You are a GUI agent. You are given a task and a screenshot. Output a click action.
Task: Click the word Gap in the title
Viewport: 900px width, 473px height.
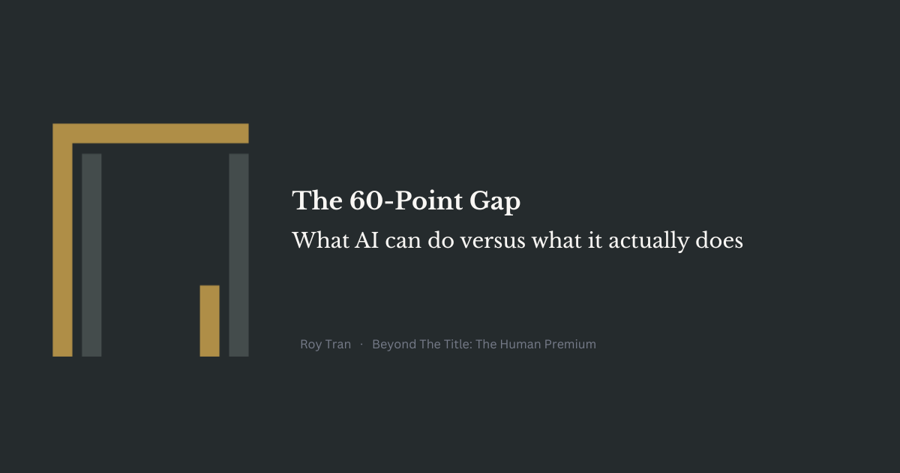(x=495, y=201)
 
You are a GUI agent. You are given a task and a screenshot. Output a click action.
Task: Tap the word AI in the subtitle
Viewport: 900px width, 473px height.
(x=367, y=240)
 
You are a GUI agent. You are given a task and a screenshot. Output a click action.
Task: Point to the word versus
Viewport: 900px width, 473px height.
(x=493, y=241)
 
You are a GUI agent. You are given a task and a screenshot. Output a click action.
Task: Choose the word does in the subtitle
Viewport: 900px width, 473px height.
(x=719, y=240)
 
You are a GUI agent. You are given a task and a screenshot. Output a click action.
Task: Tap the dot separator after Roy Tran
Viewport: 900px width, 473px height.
(x=361, y=345)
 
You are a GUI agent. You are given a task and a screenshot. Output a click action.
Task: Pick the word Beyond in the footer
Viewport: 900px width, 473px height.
(x=394, y=345)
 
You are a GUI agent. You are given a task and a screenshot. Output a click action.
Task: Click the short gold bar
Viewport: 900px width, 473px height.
(x=210, y=321)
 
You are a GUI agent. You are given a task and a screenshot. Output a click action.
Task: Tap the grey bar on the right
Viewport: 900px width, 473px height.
(x=238, y=255)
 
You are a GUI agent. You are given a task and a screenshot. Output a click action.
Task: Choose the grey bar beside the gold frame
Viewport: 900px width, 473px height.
(x=91, y=255)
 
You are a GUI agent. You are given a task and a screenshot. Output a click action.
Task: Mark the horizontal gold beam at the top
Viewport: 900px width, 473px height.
(x=151, y=133)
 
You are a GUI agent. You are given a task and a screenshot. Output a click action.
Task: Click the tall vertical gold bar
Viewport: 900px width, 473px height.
(x=62, y=249)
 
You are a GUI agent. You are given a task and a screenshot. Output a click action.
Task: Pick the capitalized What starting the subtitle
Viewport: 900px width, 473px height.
(x=320, y=240)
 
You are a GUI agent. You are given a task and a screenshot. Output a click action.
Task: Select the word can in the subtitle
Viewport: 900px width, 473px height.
(x=403, y=241)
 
